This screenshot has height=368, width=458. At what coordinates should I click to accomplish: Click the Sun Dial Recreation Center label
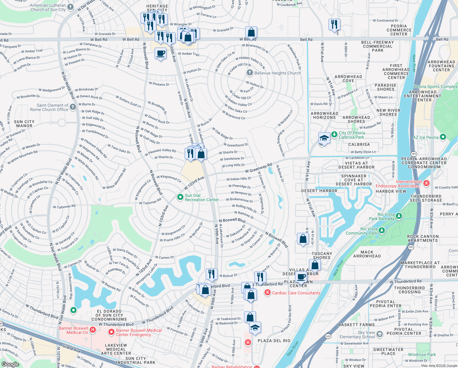point(202,197)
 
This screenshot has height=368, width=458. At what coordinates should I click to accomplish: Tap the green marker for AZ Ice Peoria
point(443,137)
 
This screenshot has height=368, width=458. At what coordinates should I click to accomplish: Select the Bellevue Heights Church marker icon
point(250,73)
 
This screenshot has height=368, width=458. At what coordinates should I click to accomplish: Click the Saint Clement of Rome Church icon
point(73,107)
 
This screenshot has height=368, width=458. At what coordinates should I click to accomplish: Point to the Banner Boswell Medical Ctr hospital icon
point(93,330)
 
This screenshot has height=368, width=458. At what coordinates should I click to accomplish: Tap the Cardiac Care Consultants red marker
point(268,293)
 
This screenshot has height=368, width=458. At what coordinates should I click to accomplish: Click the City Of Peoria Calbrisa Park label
point(352,135)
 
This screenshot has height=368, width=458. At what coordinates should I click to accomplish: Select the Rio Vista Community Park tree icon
point(381,230)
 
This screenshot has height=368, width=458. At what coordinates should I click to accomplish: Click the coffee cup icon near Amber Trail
point(160,53)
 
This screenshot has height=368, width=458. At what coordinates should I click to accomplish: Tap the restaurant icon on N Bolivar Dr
point(212,273)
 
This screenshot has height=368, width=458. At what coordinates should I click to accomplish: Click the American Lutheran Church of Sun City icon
point(70,7)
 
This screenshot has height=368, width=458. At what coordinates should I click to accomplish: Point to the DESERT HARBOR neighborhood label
point(319,191)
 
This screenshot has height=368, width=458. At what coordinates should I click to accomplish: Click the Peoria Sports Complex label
point(435,87)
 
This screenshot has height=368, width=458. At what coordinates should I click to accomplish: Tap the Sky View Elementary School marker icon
point(380,334)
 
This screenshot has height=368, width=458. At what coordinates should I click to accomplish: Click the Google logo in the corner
point(10,364)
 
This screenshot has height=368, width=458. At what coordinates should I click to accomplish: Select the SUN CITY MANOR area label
point(24,124)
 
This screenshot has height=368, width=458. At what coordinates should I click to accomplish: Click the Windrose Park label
point(422,355)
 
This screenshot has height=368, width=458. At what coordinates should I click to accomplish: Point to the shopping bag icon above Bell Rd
point(251,32)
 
